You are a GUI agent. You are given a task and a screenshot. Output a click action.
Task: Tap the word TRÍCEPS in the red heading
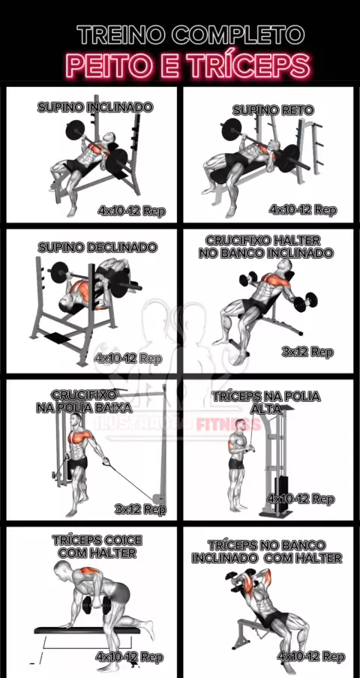coord(249,65)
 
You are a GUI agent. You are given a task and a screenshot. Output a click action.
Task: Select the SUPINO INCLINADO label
coord(95,107)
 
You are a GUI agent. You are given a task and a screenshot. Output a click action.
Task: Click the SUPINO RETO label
coord(273,110)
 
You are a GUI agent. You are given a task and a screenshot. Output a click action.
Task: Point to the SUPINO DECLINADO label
coord(97,247)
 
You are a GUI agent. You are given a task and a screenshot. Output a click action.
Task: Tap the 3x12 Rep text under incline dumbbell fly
coord(307,352)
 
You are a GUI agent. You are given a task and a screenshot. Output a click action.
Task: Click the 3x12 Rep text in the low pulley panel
coord(140,509)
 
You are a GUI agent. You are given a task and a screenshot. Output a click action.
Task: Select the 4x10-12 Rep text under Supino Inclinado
coord(132,211)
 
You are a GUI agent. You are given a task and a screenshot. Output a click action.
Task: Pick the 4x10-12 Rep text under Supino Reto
coord(302,210)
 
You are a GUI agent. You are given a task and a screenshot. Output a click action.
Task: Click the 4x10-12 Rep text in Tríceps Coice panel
coord(130,657)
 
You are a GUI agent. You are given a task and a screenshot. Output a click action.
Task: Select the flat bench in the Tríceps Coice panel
coord(87,631)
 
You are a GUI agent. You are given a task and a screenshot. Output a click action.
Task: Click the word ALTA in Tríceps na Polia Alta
coord(266,409)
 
